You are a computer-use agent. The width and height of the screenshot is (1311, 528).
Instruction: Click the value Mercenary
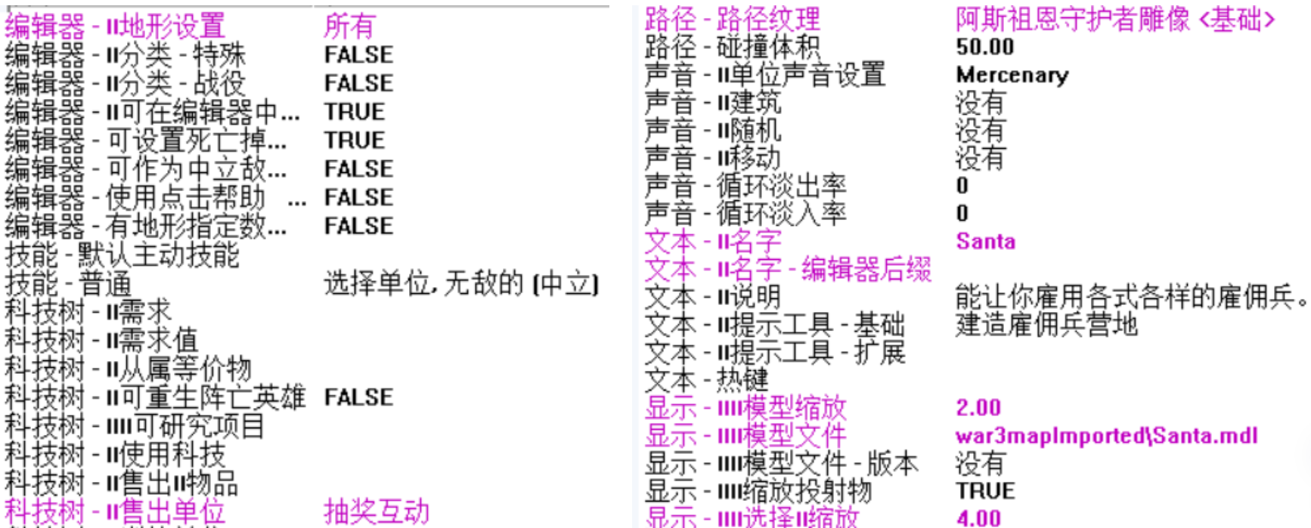pos(1012,75)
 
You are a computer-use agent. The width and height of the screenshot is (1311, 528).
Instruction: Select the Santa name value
pos(985,242)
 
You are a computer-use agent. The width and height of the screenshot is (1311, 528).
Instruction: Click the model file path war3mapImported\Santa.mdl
pos(1106,436)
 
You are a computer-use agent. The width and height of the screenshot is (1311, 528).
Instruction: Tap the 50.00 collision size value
pos(984,47)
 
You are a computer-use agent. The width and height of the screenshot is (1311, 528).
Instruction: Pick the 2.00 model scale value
pos(978,408)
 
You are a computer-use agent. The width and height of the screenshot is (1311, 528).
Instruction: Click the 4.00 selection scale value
pos(978,518)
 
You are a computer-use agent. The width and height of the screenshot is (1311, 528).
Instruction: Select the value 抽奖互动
pos(376,511)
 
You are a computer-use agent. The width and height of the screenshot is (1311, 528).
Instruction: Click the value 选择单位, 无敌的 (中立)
pos(461,284)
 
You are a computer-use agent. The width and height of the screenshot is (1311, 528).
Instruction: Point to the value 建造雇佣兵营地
pos(1046,325)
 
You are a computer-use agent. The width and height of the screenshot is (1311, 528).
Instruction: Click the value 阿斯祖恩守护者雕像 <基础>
pos(1114,20)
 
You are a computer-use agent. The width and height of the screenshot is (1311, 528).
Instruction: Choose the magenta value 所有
pos(349,26)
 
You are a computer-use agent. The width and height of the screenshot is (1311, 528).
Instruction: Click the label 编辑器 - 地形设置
pos(115,26)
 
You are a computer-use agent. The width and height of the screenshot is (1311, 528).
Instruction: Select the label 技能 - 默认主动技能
pos(122,255)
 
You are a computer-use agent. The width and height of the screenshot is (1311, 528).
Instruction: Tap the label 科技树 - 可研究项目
pos(135,426)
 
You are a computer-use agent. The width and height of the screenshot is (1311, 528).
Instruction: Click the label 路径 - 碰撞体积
pos(731,47)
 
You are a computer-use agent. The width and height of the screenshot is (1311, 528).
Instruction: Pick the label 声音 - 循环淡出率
pos(745,186)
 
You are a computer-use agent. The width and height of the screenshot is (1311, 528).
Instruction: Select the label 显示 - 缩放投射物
pos(758,491)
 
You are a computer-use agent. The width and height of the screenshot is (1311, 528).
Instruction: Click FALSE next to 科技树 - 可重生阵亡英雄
pos(358,397)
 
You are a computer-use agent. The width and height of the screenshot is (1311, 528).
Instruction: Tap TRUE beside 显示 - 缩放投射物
pos(985,491)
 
